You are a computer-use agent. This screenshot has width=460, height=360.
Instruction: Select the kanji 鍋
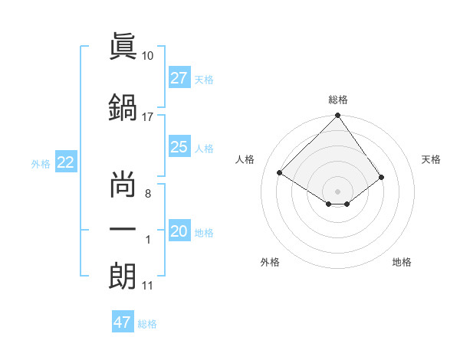pyautogui.click(x=123, y=107)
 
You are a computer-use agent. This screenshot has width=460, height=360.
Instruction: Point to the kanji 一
pyautogui.click(x=123, y=230)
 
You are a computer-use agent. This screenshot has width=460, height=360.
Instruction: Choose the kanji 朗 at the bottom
pyautogui.click(x=123, y=276)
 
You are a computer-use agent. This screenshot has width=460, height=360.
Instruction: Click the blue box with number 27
pyautogui.click(x=179, y=78)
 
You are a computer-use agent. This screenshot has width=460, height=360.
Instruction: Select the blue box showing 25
pyautogui.click(x=179, y=147)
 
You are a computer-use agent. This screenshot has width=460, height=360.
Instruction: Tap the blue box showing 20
pyautogui.click(x=179, y=232)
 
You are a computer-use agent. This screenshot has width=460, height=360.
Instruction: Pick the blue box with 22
pyautogui.click(x=66, y=162)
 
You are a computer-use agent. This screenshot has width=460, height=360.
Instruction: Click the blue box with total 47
pyautogui.click(x=123, y=322)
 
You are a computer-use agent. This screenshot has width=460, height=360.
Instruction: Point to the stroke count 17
pyautogui.click(x=148, y=117)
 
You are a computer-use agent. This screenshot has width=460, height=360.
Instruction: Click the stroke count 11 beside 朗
pyautogui.click(x=148, y=286)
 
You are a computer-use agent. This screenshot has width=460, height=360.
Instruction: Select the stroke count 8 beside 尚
pyautogui.click(x=148, y=193)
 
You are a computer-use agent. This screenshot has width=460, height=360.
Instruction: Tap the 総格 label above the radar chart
pyautogui.click(x=338, y=100)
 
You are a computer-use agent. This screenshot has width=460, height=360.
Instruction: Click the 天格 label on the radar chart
pyautogui.click(x=432, y=159)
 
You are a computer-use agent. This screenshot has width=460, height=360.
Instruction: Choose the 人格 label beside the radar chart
pyautogui.click(x=245, y=159)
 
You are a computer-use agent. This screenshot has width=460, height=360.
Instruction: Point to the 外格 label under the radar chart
pyautogui.click(x=270, y=262)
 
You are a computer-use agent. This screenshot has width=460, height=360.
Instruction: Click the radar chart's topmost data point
pyautogui.click(x=337, y=116)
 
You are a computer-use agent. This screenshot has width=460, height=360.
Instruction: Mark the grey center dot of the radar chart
pyautogui.click(x=337, y=190)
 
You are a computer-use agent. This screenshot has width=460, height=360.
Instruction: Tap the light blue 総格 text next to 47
pyautogui.click(x=147, y=324)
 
